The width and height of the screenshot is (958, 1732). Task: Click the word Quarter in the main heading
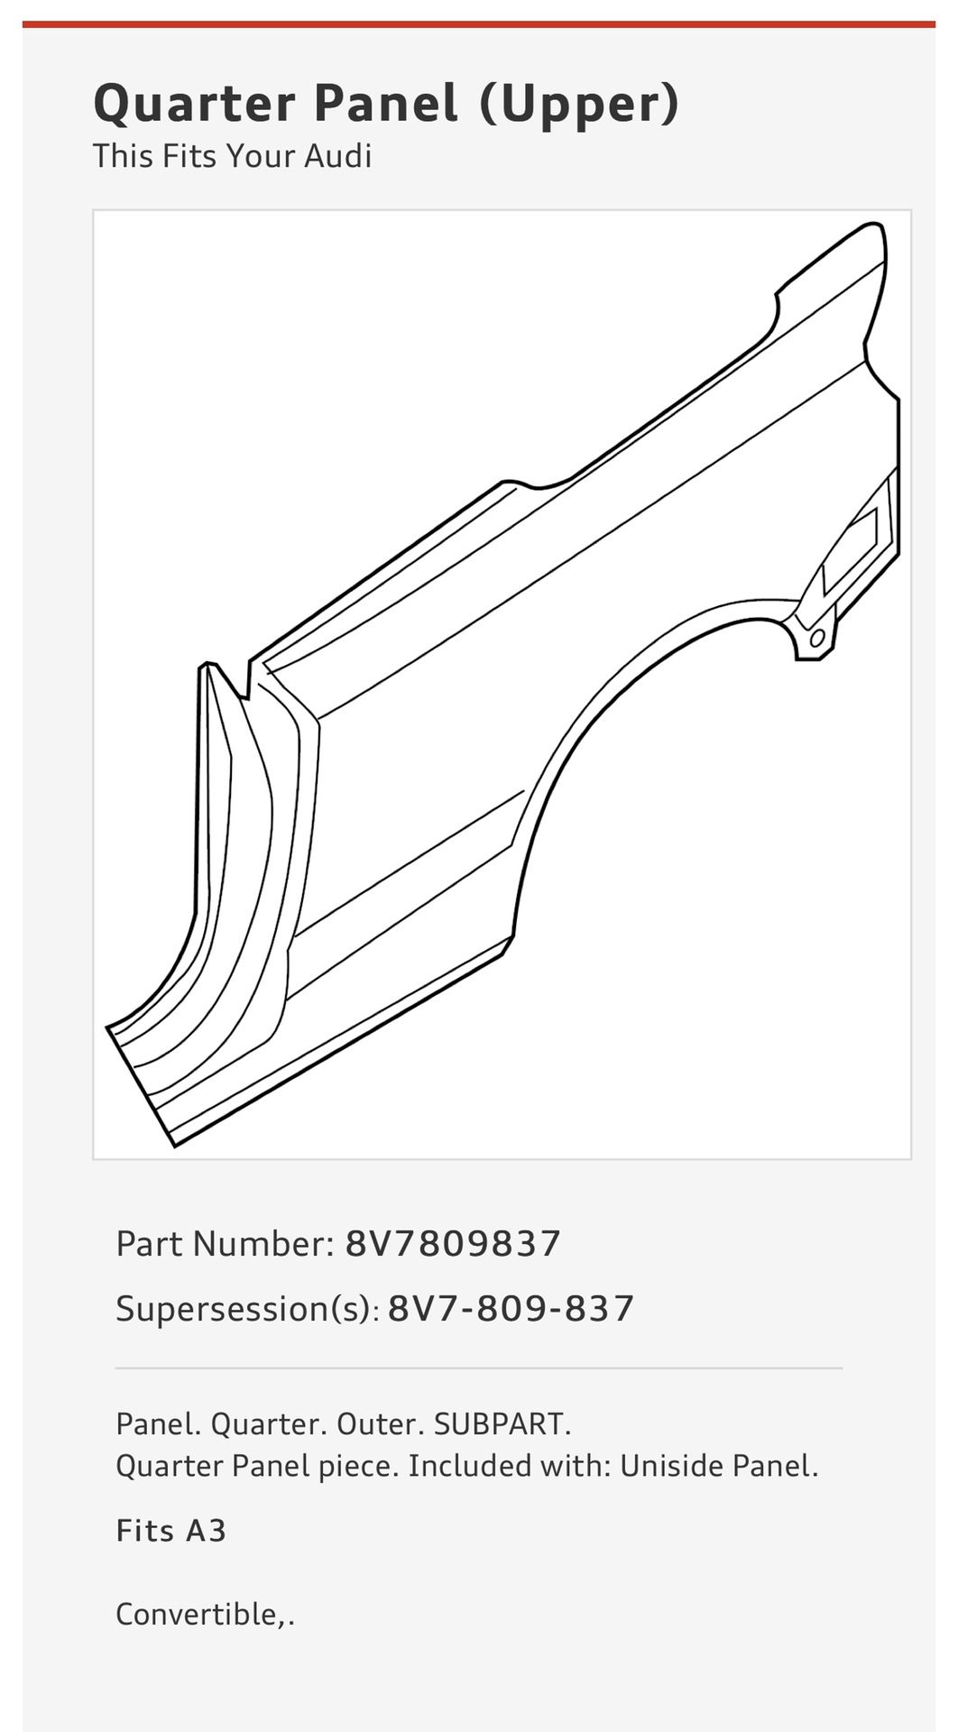point(194,105)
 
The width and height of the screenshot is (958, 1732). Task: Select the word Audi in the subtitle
point(337,156)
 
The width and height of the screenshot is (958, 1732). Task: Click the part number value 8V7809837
point(453,1244)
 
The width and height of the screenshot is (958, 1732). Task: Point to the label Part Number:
point(225,1244)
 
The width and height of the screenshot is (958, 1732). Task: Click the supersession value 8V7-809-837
point(511,1309)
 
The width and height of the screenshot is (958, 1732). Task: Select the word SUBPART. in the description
point(502,1424)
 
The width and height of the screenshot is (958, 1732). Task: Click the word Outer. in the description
point(379,1424)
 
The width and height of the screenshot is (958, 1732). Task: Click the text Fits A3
point(170,1531)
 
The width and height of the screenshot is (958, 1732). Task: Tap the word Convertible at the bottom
point(199,1614)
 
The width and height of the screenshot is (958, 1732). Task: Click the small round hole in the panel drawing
point(816,639)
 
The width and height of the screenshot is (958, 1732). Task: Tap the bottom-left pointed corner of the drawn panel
point(175,1144)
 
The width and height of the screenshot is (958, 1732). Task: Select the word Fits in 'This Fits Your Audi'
point(189,156)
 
